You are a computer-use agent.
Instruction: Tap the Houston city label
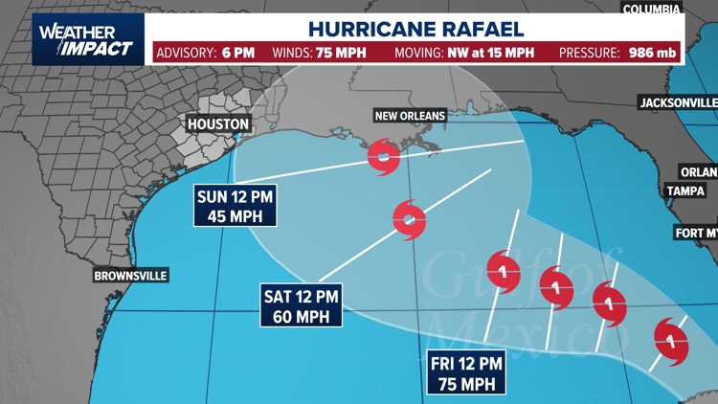point(218,124)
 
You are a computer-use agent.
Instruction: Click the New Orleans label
point(410,116)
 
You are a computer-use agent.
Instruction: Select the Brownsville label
point(130,276)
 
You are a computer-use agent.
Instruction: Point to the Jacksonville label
point(678,101)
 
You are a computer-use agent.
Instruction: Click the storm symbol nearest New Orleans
point(384,156)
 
